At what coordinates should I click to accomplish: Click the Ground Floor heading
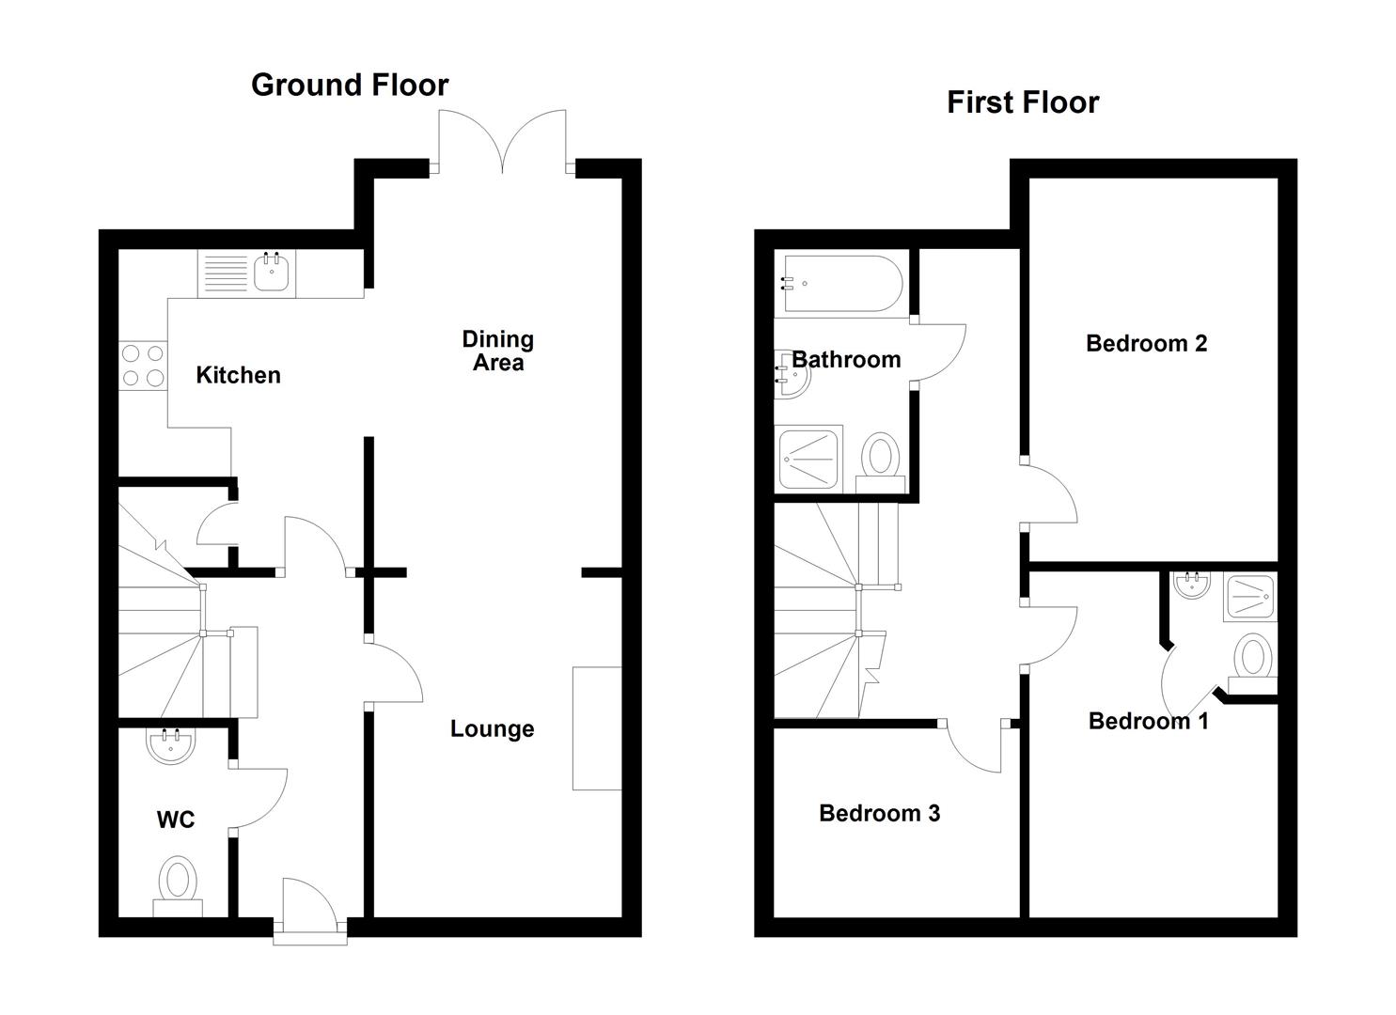350,86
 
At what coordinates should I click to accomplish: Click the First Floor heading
1023,102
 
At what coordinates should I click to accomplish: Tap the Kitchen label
238,375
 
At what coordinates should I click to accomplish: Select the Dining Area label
498,351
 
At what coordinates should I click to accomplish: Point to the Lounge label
493,728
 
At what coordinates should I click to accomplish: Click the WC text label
176,820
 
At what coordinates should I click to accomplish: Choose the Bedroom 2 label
1147,343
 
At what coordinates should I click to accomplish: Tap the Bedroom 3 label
879,813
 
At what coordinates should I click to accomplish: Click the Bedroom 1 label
1149,721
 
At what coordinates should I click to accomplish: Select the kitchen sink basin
272,274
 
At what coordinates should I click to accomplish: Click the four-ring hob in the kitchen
143,366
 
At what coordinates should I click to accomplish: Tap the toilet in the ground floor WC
179,885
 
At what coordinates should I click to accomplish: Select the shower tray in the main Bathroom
808,461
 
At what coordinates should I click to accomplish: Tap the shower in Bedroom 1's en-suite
1249,597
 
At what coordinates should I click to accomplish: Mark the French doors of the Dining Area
502,141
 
